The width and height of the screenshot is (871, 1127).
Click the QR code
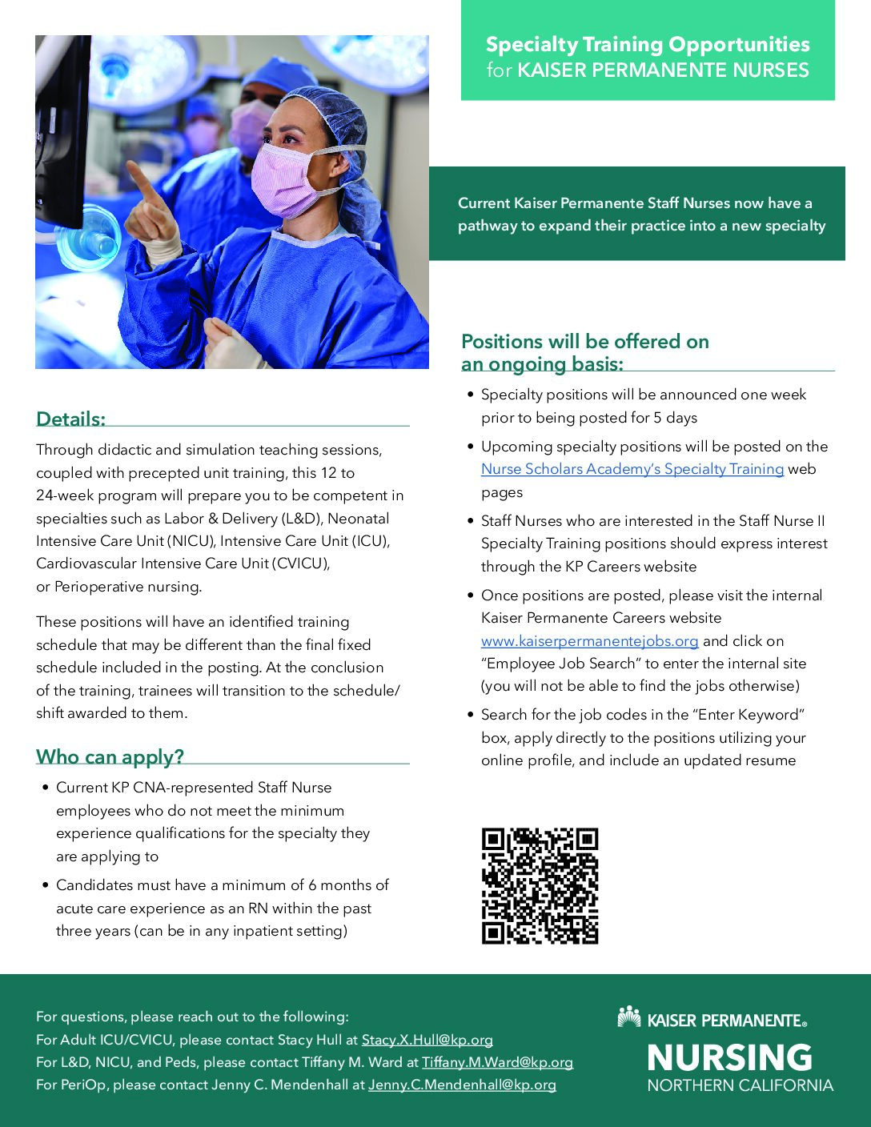(x=540, y=885)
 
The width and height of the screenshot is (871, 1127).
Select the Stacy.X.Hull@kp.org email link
(x=427, y=1040)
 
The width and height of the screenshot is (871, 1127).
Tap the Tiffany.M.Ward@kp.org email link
(x=497, y=1062)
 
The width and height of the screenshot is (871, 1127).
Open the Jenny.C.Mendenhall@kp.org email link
(x=462, y=1085)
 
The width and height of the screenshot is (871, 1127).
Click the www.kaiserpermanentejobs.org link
(x=589, y=641)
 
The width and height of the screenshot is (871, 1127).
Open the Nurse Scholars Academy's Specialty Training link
(x=632, y=469)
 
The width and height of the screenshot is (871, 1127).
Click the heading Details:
(x=70, y=419)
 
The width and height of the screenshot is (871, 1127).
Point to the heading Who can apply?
(x=110, y=756)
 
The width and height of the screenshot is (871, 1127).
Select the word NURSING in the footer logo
(x=729, y=1057)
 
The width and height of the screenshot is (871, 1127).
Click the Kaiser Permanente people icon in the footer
(x=629, y=1017)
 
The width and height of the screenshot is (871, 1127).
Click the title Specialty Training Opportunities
(x=647, y=45)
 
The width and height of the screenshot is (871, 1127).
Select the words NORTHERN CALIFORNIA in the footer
(x=740, y=1085)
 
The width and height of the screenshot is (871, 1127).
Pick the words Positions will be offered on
(x=584, y=342)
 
